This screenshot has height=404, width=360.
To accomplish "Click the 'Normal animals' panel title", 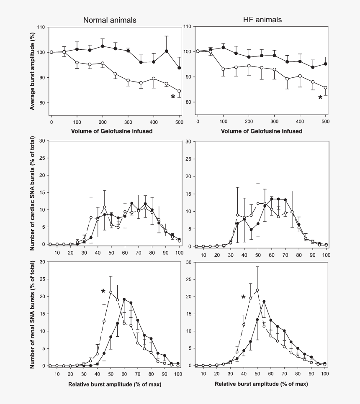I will pos(109,20).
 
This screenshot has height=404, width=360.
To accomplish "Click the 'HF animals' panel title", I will pos(262,20).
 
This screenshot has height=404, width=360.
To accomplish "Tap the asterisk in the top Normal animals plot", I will pos(173,97).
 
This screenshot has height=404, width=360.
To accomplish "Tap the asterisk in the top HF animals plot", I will pos(320,97).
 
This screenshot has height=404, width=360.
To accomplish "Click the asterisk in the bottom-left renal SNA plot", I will pos(103,291).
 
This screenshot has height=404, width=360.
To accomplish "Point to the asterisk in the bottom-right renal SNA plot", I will pos(243,297).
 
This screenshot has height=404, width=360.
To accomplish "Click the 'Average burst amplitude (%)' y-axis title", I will pos(32,71).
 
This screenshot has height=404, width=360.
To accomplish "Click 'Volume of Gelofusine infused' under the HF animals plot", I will pos(262,131).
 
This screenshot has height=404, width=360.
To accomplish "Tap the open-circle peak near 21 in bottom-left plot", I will pos(111,292).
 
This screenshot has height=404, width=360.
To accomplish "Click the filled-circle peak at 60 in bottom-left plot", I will pos(124,299).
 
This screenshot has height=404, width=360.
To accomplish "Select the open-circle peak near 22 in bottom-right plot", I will pos(257,290).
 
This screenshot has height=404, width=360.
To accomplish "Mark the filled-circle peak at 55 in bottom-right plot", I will pos(264,301).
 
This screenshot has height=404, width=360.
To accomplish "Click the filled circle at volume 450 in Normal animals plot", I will pos(167,51).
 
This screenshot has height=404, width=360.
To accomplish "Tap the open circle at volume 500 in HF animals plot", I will pos(325,88).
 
